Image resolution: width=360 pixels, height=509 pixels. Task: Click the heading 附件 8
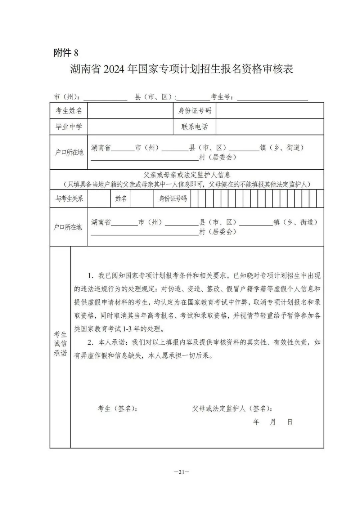click(66, 53)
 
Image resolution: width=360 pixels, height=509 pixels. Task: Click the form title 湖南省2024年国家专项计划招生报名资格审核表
click(181, 69)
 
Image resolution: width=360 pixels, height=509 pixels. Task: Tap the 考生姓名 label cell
click(68, 111)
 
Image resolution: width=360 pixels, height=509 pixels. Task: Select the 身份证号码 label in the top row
click(195, 111)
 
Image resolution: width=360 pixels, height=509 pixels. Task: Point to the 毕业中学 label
click(68, 127)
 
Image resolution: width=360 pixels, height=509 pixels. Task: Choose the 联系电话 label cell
click(195, 127)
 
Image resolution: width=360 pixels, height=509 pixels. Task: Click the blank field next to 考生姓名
click(130, 111)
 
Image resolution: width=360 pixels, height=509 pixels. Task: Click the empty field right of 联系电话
click(269, 127)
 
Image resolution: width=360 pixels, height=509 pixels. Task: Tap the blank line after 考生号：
click(273, 98)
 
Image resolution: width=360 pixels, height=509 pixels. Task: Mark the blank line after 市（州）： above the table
click(105, 98)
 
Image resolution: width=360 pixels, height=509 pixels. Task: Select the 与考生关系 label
click(69, 198)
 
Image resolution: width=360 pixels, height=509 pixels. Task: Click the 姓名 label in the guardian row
click(121, 198)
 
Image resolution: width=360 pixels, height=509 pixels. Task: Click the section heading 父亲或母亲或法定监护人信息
click(187, 175)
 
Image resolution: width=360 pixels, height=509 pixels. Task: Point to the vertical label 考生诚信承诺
click(60, 344)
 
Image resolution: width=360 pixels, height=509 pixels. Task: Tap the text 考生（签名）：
click(117, 408)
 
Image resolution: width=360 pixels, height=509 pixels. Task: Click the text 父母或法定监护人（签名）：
click(232, 408)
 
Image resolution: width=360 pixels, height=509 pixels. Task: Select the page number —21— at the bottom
click(181, 472)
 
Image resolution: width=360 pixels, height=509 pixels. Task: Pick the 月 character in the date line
click(273, 422)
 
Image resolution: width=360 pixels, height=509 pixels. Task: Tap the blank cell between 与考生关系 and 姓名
click(99, 198)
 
